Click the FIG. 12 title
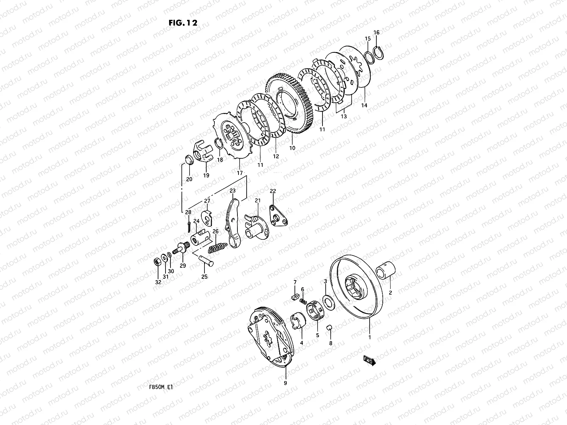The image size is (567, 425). (183, 23)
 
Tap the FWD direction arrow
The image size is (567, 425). (369, 361)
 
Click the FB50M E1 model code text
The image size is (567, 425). (161, 387)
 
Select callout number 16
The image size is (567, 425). (376, 33)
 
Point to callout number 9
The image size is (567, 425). (285, 383)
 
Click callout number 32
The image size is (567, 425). (158, 282)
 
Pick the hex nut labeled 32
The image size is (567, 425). (157, 262)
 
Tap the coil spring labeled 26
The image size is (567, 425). (218, 248)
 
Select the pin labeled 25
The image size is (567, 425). (206, 261)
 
